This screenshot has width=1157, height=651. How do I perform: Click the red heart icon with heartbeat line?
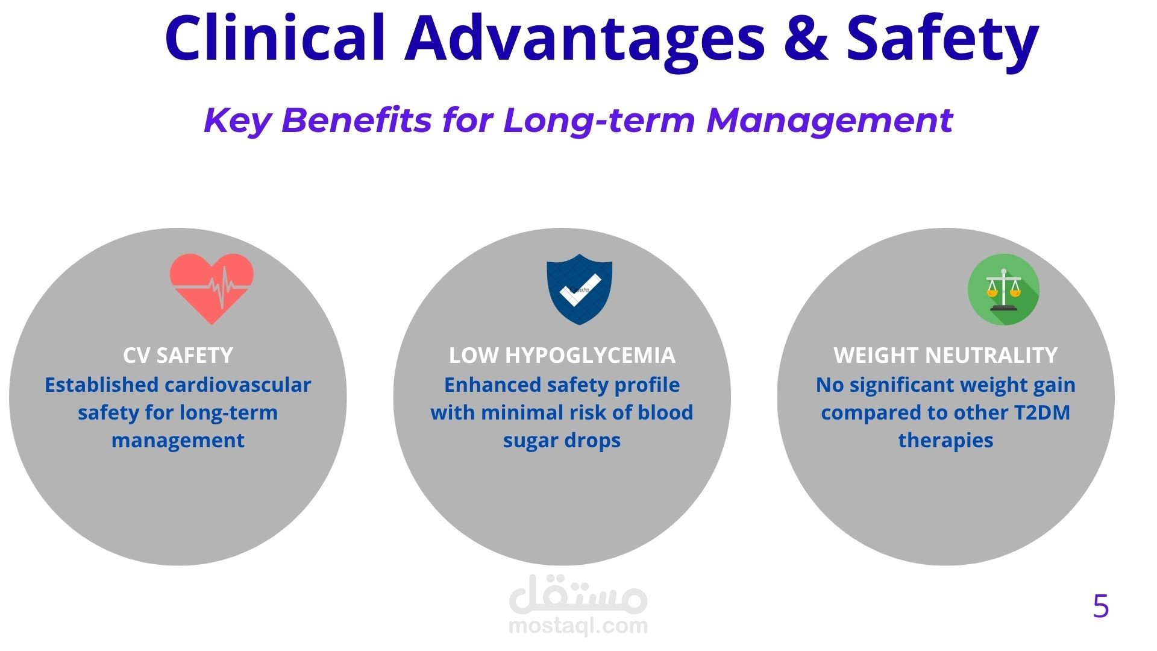[212, 289]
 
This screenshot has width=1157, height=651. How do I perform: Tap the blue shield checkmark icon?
[579, 289]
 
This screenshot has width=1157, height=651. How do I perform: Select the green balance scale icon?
[1003, 289]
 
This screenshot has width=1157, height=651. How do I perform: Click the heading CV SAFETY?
[178, 356]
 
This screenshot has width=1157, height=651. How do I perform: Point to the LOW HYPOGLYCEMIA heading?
[562, 356]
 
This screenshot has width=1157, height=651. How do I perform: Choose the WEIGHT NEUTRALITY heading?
[945, 356]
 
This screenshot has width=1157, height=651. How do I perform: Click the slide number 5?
[1100, 606]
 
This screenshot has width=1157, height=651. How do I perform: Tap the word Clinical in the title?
[275, 37]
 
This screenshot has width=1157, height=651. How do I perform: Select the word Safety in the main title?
[943, 41]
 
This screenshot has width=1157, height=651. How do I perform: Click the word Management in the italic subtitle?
[830, 121]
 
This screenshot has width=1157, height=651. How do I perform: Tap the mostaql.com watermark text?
[578, 626]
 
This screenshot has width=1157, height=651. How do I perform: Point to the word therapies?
[945, 441]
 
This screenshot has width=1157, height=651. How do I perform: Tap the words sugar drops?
[562, 441]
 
